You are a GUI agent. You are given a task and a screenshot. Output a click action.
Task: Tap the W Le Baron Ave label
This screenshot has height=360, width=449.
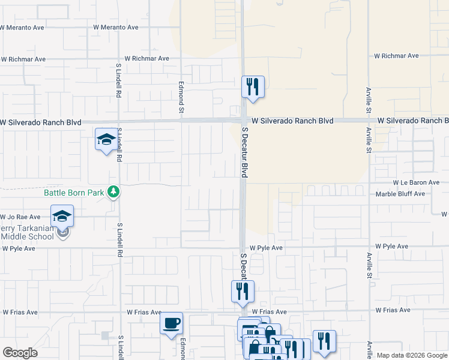(416, 182)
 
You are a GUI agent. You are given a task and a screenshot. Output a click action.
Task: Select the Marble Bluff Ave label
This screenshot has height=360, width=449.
(400, 194)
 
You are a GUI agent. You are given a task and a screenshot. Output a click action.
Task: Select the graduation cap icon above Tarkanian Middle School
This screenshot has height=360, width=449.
(62, 215)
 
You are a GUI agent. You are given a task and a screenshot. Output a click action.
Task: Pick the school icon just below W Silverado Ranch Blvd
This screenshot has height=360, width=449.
(106, 140)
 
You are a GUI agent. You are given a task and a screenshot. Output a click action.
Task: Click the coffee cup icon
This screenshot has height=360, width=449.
(172, 323)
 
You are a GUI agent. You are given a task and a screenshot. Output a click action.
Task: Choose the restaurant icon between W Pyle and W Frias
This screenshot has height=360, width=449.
(243, 291)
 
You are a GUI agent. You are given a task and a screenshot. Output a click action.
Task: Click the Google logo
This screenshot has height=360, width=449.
(20, 353)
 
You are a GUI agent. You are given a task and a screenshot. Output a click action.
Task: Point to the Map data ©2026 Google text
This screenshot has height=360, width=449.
(412, 355)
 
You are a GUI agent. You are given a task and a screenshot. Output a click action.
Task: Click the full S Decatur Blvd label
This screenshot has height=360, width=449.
(245, 151)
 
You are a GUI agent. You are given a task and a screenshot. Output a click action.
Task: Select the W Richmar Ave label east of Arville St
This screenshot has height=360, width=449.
(396, 56)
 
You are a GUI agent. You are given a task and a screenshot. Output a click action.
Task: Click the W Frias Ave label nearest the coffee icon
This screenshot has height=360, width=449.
(144, 313)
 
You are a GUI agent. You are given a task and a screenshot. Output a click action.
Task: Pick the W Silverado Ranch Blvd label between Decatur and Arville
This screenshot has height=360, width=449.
(292, 121)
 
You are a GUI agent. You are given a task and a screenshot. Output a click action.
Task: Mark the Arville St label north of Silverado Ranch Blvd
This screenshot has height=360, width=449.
(369, 99)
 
